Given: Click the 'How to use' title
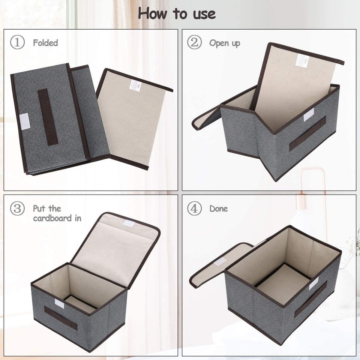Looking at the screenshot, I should (177, 14).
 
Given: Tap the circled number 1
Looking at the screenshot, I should (17, 42).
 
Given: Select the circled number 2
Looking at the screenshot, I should (194, 42).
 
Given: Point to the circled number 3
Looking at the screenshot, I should (17, 208).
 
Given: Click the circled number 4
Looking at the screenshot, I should (194, 208).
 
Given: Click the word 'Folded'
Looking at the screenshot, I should (45, 43).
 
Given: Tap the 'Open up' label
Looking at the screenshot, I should (225, 43).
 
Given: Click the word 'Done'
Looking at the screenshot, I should (219, 208).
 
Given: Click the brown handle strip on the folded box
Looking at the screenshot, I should (48, 117).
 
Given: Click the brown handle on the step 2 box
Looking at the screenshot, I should (307, 133).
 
